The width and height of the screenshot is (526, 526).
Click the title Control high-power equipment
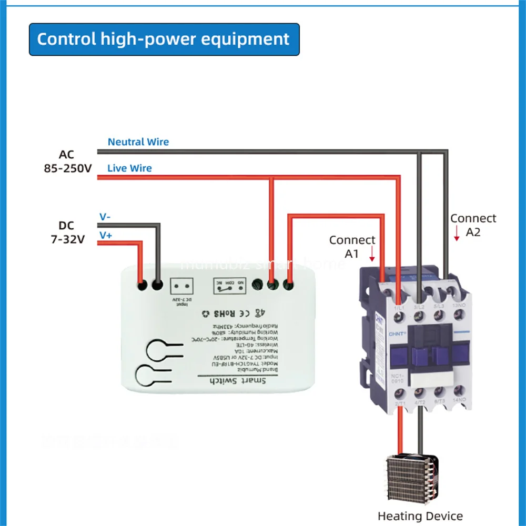[164, 39]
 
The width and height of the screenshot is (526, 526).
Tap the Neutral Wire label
[138, 142]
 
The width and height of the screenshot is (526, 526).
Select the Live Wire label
[129, 168]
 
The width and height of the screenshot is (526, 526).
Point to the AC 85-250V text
[67, 162]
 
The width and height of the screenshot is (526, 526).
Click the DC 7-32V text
[66, 232]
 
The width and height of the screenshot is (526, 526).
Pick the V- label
[105, 217]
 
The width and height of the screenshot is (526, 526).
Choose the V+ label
[106, 236]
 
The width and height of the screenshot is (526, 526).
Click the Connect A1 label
[352, 246]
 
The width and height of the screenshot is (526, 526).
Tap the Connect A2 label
[473, 225]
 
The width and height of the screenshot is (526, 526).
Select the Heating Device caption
[420, 516]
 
